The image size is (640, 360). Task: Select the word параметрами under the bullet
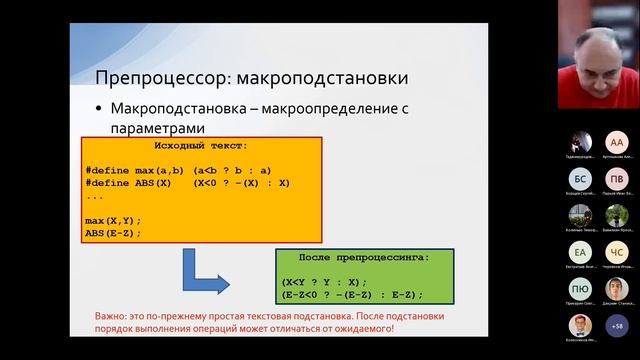point(159,128)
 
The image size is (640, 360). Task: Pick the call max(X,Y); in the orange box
point(113,220)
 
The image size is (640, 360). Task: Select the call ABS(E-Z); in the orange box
point(113,233)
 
